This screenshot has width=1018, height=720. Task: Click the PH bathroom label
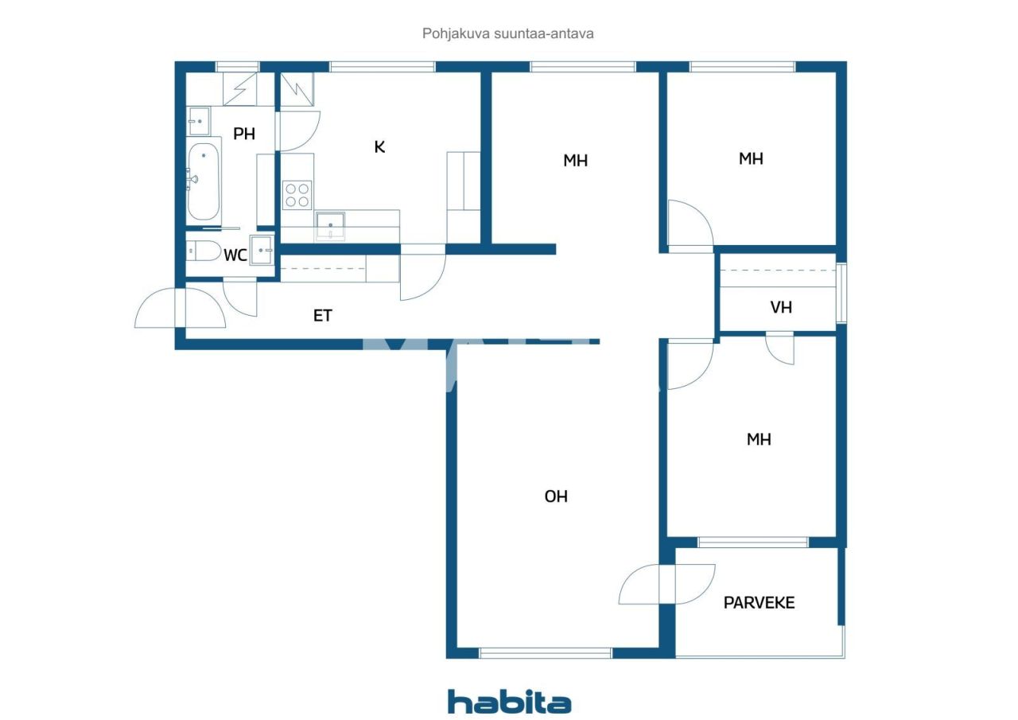pyautogui.click(x=244, y=134)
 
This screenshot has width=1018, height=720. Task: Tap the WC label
pyautogui.click(x=235, y=255)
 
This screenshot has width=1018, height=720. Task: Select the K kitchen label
pyautogui.click(x=379, y=147)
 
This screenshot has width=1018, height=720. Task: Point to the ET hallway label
pyautogui.click(x=322, y=316)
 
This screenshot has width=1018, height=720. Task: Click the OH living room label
pyautogui.click(x=556, y=496)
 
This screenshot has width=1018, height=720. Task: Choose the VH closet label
pyautogui.click(x=781, y=307)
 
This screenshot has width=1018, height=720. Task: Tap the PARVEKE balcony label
pyautogui.click(x=759, y=602)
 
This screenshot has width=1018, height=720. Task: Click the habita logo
pyautogui.click(x=509, y=702)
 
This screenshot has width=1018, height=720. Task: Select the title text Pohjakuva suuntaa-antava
pyautogui.click(x=509, y=34)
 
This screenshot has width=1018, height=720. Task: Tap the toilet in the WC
pyautogui.click(x=204, y=252)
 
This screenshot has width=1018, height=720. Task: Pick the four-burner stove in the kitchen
pyautogui.click(x=297, y=195)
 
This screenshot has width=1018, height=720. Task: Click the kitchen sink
pyautogui.click(x=330, y=225)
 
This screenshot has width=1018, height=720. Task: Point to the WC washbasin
pyautogui.click(x=262, y=250)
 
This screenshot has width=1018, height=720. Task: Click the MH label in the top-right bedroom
pyautogui.click(x=751, y=159)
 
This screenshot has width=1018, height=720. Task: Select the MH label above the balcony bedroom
pyautogui.click(x=759, y=439)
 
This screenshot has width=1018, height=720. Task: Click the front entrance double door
pyautogui.click(x=181, y=308)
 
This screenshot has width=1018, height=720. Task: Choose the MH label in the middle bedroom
pyautogui.click(x=575, y=161)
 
